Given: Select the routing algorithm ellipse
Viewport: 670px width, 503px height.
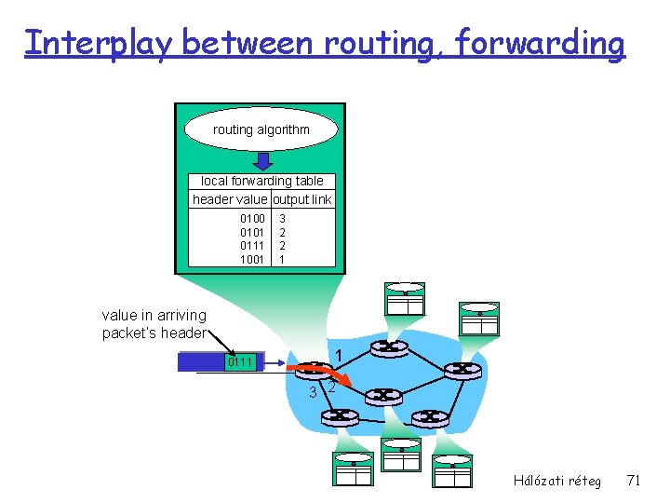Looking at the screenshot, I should [261, 129].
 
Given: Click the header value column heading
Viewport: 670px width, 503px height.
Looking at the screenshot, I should [229, 199].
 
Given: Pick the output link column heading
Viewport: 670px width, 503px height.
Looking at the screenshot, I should [301, 199].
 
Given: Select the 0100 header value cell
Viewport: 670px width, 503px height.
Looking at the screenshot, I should [252, 219].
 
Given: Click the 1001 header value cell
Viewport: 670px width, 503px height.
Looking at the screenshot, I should [252, 259].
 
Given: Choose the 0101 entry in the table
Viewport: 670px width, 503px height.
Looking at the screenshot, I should [252, 232].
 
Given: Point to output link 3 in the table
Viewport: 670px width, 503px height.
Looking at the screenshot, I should [282, 219].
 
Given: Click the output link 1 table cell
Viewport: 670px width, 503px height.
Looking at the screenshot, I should [282, 259].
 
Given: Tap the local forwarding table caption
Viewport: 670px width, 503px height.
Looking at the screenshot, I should [261, 182].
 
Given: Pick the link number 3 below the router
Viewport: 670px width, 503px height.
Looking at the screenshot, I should [313, 392].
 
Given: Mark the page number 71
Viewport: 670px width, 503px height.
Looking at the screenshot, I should [634, 481].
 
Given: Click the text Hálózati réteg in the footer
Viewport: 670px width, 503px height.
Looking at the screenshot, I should [556, 481].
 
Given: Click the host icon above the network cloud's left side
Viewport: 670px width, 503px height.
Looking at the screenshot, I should [405, 299].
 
